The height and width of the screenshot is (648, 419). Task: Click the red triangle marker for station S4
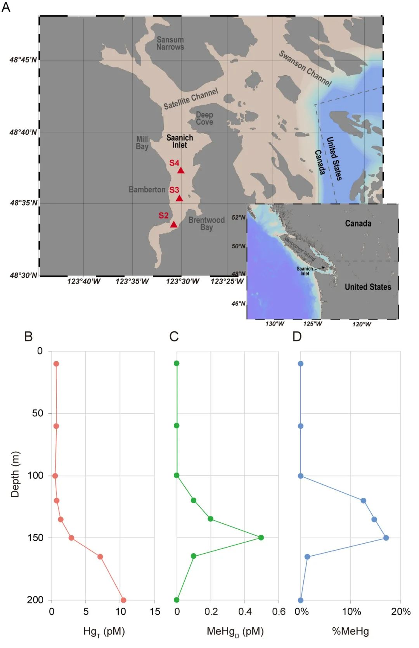coord(180,170)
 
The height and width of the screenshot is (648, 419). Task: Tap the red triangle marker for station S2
coord(173,224)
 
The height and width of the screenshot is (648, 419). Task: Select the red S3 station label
coord(174,190)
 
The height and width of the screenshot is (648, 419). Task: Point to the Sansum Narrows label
coord(170,43)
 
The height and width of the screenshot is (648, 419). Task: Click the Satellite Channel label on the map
coord(190,99)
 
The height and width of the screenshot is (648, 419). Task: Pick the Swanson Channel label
coord(305,68)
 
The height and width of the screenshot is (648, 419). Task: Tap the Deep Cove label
coord(204,118)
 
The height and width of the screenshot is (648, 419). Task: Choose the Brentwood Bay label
coord(206,224)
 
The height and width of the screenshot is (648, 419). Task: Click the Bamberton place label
coord(147,189)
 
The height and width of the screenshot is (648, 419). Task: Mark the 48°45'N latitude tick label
coord(23,60)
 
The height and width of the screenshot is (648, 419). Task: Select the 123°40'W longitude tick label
coord(84,281)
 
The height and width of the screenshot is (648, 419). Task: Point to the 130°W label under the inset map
coord(275,324)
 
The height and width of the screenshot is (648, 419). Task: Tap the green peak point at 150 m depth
coord(261,537)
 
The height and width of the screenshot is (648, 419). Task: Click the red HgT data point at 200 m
coord(123,600)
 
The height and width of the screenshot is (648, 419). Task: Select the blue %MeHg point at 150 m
coord(386,538)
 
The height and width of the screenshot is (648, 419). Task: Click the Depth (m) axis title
coord(15,474)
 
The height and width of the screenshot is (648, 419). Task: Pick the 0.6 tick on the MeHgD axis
coord(279,612)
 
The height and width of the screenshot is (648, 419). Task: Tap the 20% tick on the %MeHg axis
coord(401,612)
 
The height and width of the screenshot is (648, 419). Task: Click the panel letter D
coord(297,336)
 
